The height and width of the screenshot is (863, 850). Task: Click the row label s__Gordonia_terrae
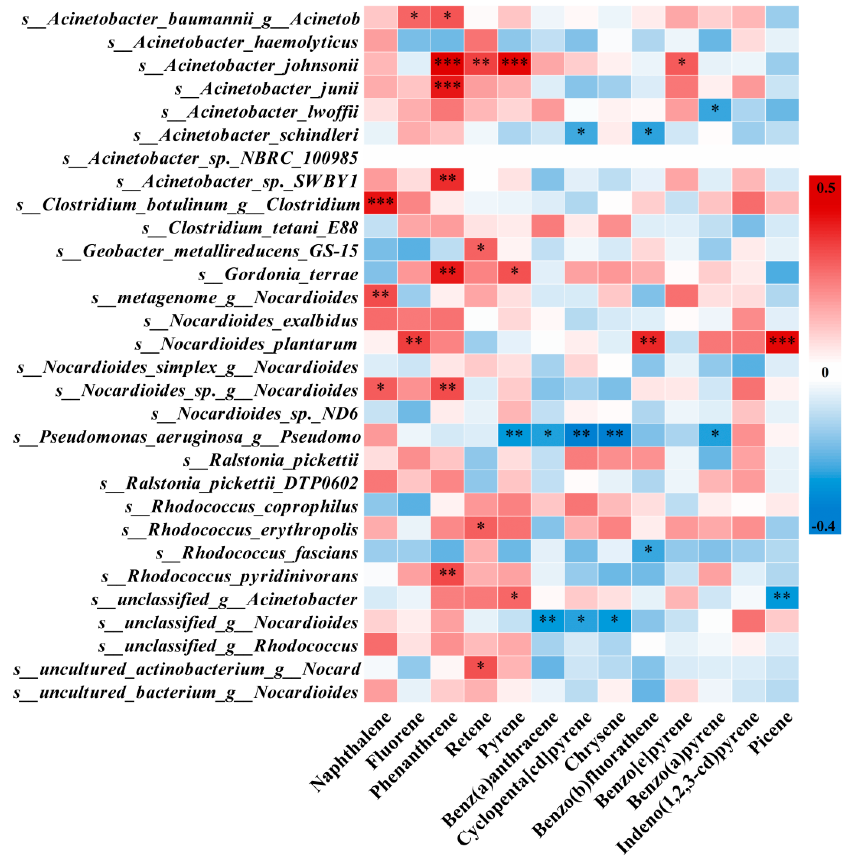[278, 274]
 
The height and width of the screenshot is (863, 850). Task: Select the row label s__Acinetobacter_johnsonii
[248, 65]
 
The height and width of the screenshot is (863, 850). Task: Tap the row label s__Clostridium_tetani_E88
[250, 228]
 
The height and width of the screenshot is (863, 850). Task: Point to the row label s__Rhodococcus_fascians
[257, 553]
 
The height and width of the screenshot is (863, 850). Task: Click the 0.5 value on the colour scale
[825, 187]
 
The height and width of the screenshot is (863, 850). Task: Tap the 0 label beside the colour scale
[824, 372]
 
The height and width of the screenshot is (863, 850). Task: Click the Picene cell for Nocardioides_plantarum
[782, 342]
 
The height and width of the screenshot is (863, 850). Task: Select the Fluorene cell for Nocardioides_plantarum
[414, 342]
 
